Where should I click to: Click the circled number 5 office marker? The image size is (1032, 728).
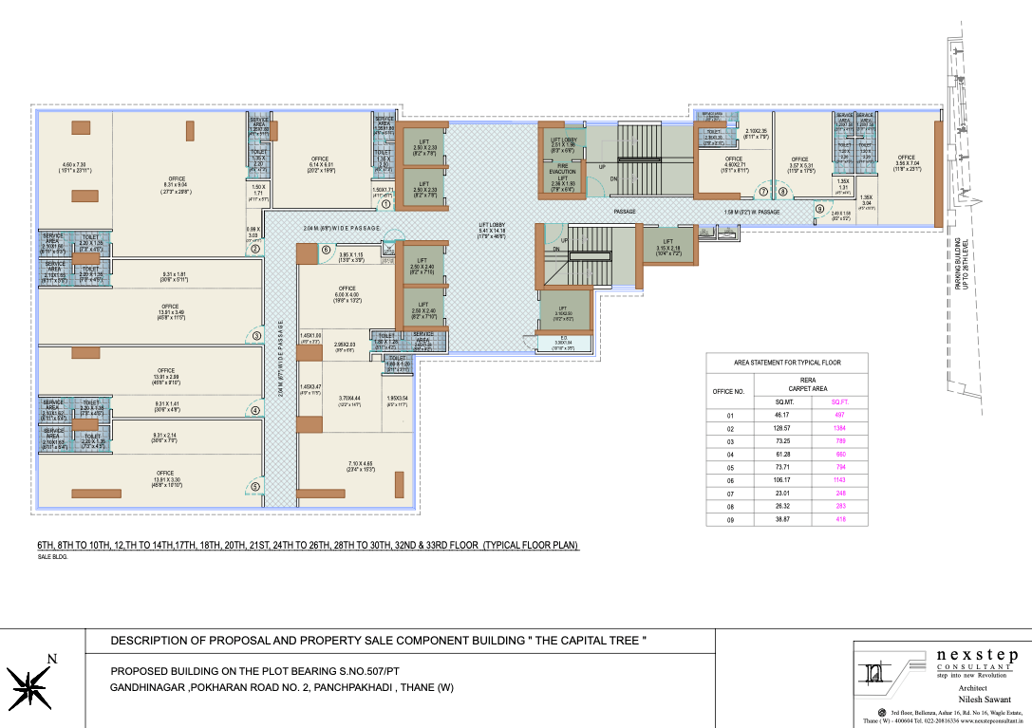255,488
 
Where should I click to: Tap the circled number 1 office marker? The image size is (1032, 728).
386,204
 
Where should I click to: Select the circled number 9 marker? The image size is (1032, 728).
819,209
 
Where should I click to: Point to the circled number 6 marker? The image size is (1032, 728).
326,251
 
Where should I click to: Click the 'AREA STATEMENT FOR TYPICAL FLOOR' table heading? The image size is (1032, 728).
787,363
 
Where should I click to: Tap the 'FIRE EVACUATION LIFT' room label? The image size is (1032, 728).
562,171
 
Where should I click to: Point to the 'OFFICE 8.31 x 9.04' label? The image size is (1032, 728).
177,184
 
